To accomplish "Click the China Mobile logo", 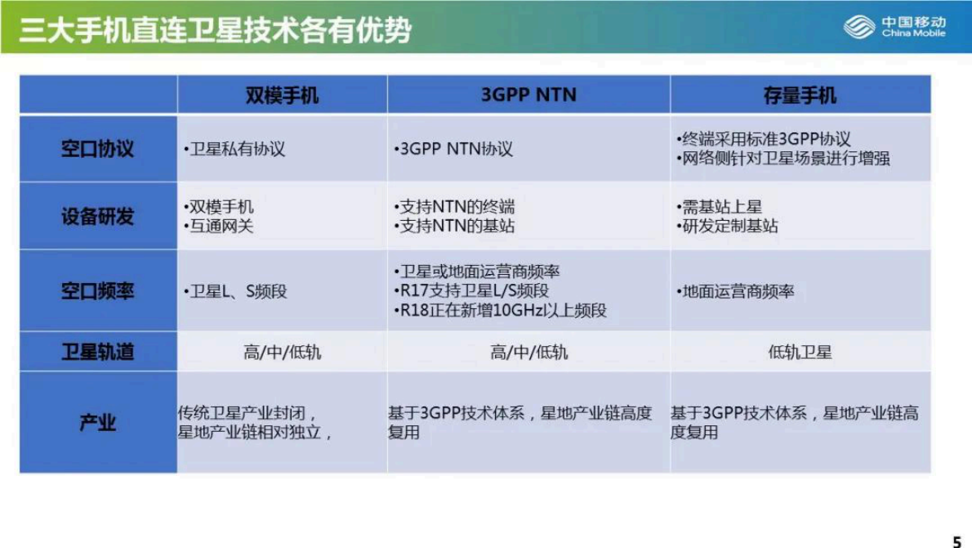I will (x=895, y=27).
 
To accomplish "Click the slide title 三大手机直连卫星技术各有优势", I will (x=215, y=30).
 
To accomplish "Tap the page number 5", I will (x=956, y=541).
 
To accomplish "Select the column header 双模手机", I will (x=282, y=95).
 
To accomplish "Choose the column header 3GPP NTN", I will (x=528, y=95).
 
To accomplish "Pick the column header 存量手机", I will (x=800, y=95).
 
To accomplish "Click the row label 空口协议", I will (x=97, y=150).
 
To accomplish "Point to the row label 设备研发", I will (x=97, y=217).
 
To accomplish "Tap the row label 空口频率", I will (x=97, y=291).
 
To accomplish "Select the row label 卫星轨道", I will (x=97, y=352).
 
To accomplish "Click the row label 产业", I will (x=97, y=423).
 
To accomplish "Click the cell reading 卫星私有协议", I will (x=235, y=150).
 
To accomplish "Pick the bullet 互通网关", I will (x=219, y=227).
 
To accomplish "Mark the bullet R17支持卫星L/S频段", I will (x=471, y=291).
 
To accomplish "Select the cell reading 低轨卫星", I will (x=800, y=353).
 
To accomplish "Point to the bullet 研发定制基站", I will (x=727, y=227).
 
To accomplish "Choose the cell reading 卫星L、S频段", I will (x=236, y=292).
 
